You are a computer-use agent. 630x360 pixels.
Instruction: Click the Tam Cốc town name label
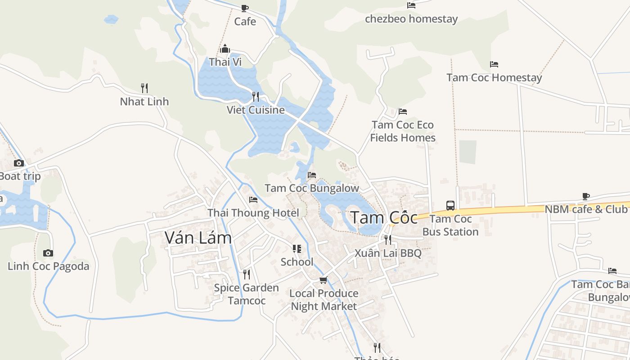[384, 217]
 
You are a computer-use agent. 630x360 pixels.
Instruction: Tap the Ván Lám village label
[198, 238]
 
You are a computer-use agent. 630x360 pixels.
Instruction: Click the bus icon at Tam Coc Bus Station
[450, 205]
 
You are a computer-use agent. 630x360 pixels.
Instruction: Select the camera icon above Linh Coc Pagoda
[48, 253]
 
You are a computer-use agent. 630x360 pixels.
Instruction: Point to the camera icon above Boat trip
[19, 163]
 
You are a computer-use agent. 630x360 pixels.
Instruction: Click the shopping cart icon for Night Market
[323, 280]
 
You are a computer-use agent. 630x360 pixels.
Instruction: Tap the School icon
[297, 249]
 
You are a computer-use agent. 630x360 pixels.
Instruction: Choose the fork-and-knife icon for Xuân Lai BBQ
[387, 239]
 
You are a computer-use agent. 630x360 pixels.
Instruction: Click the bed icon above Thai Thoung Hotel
[253, 200]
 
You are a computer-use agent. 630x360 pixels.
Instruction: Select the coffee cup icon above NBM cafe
[585, 196]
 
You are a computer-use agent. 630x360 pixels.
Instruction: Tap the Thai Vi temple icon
[225, 49]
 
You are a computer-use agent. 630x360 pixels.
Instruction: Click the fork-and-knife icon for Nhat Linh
[144, 88]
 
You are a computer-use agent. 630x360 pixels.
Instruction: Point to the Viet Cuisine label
[256, 110]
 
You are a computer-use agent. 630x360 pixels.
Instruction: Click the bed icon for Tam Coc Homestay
[494, 64]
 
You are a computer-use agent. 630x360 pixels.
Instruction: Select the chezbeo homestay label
[411, 19]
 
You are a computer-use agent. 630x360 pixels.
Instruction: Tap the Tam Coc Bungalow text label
[312, 188]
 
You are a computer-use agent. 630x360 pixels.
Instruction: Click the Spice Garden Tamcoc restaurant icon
[246, 274]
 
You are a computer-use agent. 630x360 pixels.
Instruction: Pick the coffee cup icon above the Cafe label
[245, 8]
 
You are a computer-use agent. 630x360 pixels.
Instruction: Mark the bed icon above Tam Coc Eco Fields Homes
[402, 112]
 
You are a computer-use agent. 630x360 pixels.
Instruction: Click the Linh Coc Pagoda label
[49, 266]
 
